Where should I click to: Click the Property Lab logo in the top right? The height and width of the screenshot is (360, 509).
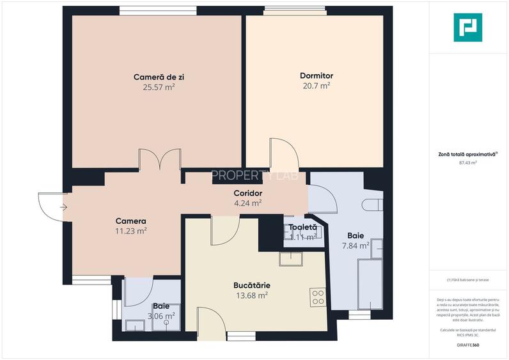pos(467,27)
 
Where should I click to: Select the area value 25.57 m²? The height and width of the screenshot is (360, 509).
pos(159,87)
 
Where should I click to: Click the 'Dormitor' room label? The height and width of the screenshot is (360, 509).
pos(316,75)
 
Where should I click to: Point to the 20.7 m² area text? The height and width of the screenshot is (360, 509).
pos(316,85)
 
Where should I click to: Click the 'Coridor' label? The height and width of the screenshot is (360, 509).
pos(247,193)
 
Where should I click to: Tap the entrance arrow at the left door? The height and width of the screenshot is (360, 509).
pos(63,207)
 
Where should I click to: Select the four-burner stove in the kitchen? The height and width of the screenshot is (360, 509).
pos(318,297)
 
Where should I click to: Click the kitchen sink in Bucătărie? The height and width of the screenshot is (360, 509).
pos(293,258)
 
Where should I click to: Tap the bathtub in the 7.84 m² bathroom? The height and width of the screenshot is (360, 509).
pos(369,283)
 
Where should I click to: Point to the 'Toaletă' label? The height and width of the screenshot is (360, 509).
pos(302,227)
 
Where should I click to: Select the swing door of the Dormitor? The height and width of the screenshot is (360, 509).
pos(283,153)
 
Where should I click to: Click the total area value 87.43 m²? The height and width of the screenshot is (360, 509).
pos(467,163)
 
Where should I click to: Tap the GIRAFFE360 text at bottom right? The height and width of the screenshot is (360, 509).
pos(467,345)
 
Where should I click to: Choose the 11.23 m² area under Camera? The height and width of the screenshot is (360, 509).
pos(130,231)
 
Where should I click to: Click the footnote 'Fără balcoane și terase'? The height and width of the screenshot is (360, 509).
pos(467,280)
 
